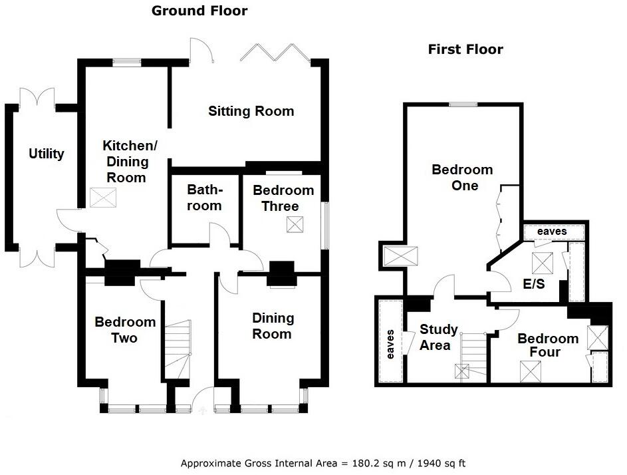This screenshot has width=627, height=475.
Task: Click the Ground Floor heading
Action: coord(199,11)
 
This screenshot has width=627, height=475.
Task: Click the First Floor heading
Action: coord(465,49)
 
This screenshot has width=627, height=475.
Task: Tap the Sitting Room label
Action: coord(251,111)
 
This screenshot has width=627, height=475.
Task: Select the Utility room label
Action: coord(47,154)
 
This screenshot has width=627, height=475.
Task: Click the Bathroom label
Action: coord(204,198)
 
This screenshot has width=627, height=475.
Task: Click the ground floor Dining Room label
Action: coord(271,326)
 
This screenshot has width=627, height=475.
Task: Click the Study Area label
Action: coord(439,337)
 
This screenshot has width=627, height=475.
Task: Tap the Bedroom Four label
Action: coord(548,345)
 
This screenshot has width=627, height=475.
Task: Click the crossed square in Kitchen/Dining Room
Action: coord(102,198)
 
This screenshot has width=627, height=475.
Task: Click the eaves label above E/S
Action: coord(552,231)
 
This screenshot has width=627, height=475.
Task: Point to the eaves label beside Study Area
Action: coord(390,344)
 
